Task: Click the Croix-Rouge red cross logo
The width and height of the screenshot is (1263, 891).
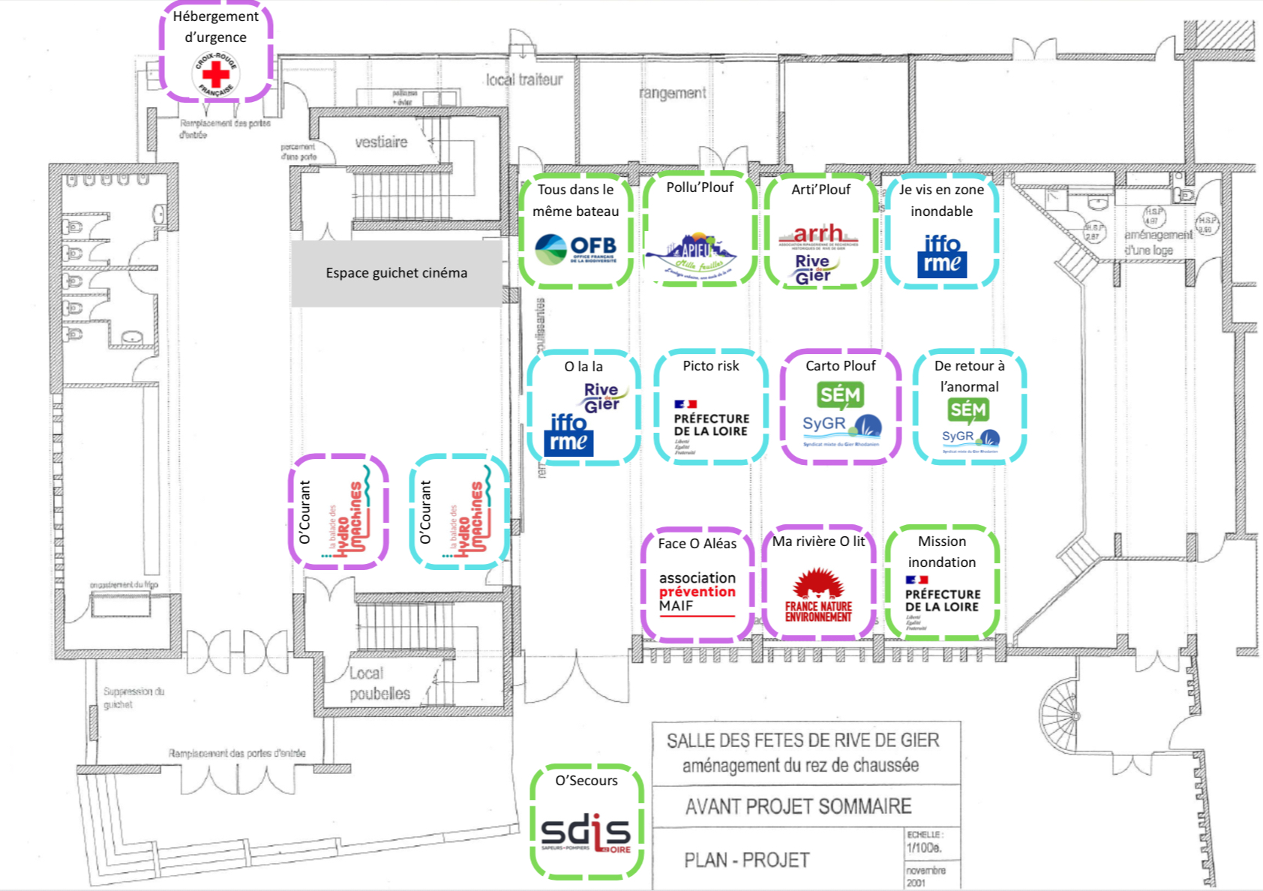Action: point(216,73)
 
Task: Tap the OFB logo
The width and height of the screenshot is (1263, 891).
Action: point(576,249)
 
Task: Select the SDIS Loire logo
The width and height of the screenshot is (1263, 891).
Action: point(586,834)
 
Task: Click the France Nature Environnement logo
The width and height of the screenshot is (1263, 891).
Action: point(818,595)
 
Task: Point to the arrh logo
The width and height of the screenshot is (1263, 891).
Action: point(818,235)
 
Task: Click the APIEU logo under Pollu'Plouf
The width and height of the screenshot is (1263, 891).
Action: point(691,255)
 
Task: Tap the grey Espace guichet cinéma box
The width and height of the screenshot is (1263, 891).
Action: point(396,273)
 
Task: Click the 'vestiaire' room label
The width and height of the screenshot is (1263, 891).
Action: point(381,142)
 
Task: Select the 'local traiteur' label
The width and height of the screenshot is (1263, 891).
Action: point(523,79)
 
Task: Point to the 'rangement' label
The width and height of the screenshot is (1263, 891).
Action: point(672,93)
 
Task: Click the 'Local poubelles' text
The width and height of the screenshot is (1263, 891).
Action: point(379,683)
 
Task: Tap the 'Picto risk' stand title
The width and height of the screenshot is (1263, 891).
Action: point(710,366)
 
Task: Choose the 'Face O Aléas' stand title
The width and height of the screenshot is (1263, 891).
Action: point(697,544)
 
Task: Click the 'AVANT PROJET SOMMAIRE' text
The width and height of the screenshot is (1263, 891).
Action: point(798,806)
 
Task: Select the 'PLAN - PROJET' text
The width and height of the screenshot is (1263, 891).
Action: point(746,859)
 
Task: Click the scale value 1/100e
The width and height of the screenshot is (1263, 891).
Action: point(923,848)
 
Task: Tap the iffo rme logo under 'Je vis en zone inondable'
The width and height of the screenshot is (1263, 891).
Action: point(942,256)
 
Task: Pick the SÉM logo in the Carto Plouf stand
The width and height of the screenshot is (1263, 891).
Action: point(840,395)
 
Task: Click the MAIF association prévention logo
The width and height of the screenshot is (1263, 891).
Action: point(697,593)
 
